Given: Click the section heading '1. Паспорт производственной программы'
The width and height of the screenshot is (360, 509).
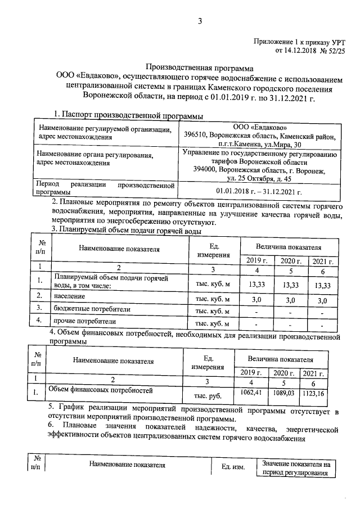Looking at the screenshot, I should pos(128,115).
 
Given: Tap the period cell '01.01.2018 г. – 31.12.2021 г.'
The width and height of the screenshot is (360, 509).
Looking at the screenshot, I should pos(259,192).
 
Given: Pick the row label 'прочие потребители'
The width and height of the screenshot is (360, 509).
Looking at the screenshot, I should pos(85,322).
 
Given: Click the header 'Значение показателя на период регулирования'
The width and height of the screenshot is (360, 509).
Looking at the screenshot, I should pos(295,469).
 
